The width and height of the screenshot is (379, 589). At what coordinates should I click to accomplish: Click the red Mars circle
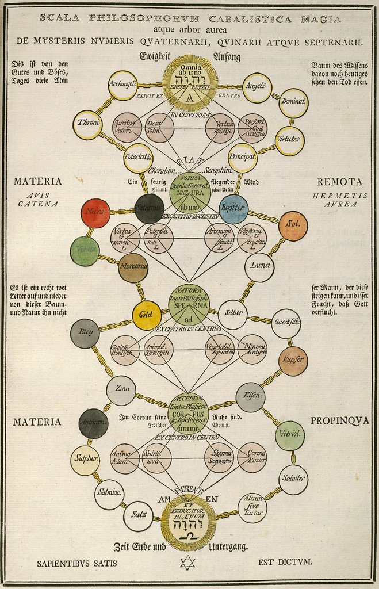click(95, 213)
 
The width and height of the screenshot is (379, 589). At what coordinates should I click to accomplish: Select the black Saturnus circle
click(150, 209)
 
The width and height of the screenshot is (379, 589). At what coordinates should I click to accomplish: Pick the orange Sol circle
click(293, 226)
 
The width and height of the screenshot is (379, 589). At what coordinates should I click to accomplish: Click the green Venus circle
click(85, 251)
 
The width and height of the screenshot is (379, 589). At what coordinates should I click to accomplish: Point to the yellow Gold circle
click(147, 315)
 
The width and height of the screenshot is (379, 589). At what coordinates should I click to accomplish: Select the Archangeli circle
click(122, 85)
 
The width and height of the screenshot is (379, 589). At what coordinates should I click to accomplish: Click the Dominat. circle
click(293, 103)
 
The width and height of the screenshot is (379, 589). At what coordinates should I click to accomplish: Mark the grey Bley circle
click(85, 334)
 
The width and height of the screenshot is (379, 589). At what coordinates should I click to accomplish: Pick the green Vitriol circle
click(289, 435)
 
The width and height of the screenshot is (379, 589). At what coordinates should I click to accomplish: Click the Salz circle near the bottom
click(139, 516)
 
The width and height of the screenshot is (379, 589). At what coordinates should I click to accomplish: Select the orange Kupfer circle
click(293, 361)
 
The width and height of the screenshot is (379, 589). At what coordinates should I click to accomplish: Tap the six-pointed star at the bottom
click(187, 562)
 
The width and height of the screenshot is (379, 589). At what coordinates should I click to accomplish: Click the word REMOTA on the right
click(339, 182)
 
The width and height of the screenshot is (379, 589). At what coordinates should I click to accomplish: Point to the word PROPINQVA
click(339, 421)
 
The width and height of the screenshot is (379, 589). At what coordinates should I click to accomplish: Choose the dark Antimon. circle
click(93, 424)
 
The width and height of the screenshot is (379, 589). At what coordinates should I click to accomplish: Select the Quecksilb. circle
click(286, 324)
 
